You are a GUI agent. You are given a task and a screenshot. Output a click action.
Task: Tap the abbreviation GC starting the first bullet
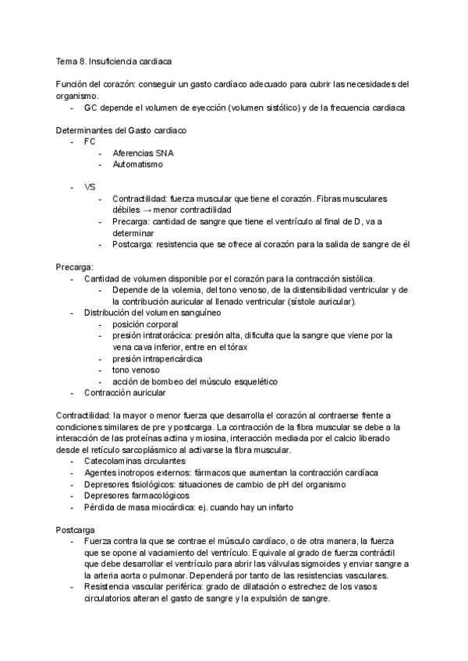pyautogui.click(x=91, y=108)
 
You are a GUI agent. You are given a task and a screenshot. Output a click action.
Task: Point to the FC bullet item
pyautogui.click(x=90, y=142)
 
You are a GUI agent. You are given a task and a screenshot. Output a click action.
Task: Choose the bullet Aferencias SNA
pyautogui.click(x=143, y=154)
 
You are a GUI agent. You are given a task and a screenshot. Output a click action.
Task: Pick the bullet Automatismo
pyautogui.click(x=138, y=164)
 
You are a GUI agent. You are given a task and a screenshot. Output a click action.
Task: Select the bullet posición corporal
pyautogui.click(x=145, y=323)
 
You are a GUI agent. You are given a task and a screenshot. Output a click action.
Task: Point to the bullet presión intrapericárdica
pyautogui.click(x=157, y=359)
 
